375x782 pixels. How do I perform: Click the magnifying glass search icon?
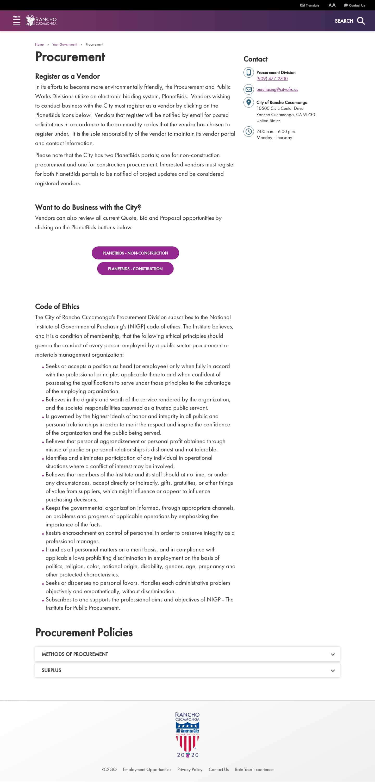pos(361,21)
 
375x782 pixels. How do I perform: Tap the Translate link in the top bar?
pos(310,5)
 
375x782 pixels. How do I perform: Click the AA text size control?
pos(332,5)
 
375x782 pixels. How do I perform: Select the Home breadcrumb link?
pos(39,45)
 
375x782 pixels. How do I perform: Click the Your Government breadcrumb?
pos(65,45)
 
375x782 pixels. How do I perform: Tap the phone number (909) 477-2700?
pos(272,79)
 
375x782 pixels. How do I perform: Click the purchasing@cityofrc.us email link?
pos(277,90)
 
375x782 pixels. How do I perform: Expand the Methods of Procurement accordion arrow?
pos(333,654)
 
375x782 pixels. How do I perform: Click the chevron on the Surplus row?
pos(333,670)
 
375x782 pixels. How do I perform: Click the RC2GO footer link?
pos(109,769)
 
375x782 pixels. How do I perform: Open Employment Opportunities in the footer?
pos(147,769)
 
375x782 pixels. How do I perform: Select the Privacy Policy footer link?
pos(190,769)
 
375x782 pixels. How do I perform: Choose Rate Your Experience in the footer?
pos(254,769)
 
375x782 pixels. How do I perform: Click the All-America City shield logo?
pos(187,735)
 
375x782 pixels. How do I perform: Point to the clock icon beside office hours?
pos(248,132)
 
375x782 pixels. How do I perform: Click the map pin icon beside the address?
pos(248,102)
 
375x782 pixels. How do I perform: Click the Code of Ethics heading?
pos(57,307)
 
